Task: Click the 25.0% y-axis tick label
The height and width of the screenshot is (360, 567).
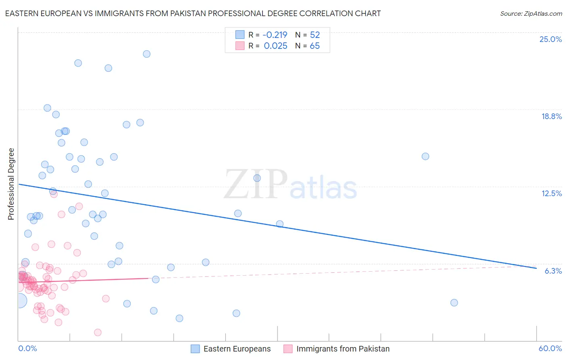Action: (x=550, y=39)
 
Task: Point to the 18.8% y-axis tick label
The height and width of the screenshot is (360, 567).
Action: (x=551, y=116)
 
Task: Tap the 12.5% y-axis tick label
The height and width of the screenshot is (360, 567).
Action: (x=551, y=193)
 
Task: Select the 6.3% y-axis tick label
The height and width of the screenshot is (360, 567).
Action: (x=553, y=271)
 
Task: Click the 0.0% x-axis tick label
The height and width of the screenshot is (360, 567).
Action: (x=27, y=348)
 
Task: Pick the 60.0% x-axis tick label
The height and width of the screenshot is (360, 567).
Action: (x=550, y=348)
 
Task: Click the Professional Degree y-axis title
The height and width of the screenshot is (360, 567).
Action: (x=11, y=184)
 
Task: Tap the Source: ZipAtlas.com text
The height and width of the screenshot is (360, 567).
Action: (x=531, y=14)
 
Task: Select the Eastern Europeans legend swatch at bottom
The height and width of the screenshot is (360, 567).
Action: (x=195, y=349)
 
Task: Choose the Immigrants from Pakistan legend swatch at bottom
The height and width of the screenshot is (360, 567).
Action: (x=288, y=349)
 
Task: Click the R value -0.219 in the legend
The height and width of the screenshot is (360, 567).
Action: (x=275, y=35)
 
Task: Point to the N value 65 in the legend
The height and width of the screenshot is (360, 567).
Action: (x=315, y=46)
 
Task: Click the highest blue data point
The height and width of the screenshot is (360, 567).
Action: (x=147, y=54)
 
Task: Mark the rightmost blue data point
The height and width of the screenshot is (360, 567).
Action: (x=454, y=303)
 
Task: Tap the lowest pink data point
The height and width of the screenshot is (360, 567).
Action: (x=98, y=333)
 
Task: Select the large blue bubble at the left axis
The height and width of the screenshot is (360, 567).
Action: (x=19, y=301)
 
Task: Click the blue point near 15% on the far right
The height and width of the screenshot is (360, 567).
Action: (x=425, y=157)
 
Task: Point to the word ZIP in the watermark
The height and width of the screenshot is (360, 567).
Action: (x=256, y=184)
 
